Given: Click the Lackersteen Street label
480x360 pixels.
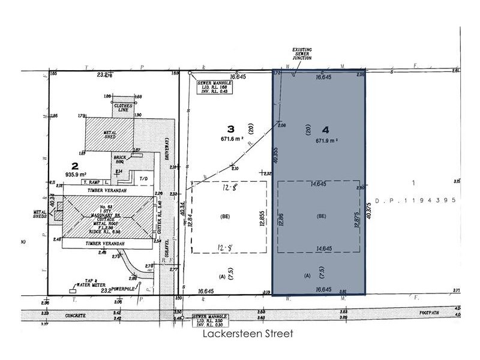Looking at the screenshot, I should [247, 334].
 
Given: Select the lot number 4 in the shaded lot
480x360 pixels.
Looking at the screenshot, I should [325, 129].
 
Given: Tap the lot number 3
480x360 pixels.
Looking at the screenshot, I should [229, 128].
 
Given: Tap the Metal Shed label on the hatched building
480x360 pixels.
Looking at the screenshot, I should [110, 135].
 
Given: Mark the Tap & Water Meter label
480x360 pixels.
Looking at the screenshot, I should [86, 287].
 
